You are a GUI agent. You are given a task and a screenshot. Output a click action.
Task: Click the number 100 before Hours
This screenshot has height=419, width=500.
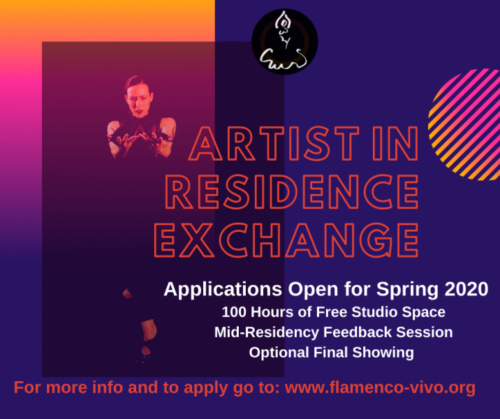click(x=234, y=311)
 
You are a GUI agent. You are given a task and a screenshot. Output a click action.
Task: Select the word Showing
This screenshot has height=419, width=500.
click(x=385, y=353)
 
